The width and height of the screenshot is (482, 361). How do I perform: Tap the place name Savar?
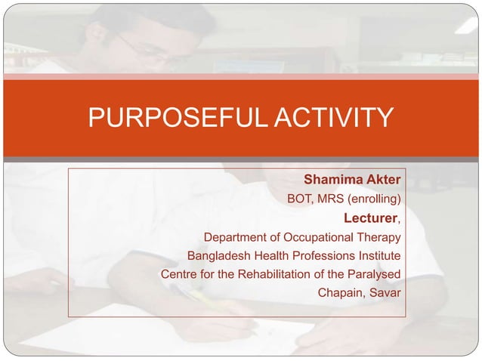click(385, 292)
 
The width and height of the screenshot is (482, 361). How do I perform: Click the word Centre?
click(180, 273)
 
